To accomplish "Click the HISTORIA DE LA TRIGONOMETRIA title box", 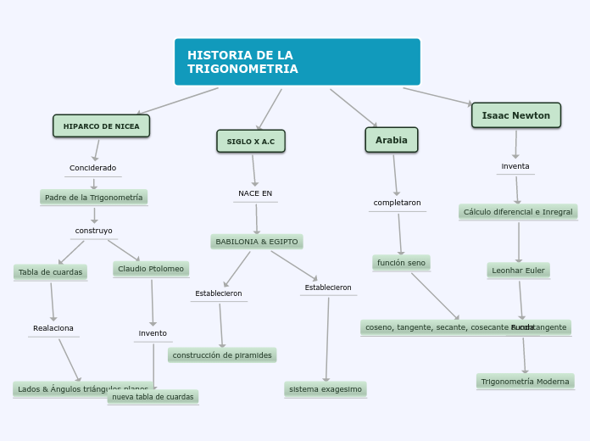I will tap(297, 62).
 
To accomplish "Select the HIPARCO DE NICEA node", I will tap(102, 126).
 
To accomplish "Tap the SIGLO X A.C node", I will tap(251, 141).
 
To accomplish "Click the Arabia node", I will tap(392, 140).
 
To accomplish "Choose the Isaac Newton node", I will tap(515, 115).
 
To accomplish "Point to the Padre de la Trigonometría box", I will tap(93, 198).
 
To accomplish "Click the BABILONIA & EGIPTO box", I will tap(257, 242).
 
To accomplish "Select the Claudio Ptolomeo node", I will tap(151, 269).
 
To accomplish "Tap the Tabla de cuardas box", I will tap(51, 272).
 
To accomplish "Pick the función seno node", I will tap(401, 263).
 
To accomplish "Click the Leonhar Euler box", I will tap(519, 271).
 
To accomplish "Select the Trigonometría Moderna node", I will tap(526, 382).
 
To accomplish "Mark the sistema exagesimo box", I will tap(326, 389).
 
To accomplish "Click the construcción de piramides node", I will tap(222, 355).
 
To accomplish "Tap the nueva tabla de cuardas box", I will tap(153, 397).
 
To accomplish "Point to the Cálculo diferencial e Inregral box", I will tap(518, 212).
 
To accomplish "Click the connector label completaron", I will tap(397, 203).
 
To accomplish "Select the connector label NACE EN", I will tap(255, 193).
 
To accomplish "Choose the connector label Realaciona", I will tap(53, 328).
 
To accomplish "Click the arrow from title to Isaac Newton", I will tap(437, 96).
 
